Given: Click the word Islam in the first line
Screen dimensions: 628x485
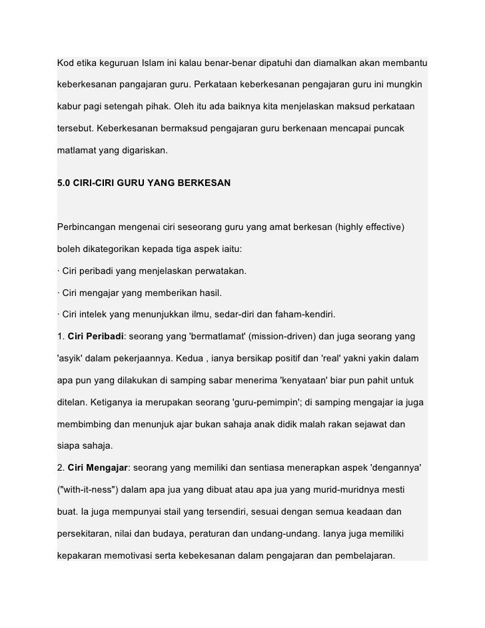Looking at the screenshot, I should pos(153,64).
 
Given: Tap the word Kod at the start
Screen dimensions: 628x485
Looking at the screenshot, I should pos(65,64).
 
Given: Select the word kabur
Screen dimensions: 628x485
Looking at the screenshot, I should pos(69,107).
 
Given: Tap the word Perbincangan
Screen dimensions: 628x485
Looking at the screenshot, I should pos(89,227).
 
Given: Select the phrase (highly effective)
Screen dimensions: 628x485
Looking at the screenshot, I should pos(370,227).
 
